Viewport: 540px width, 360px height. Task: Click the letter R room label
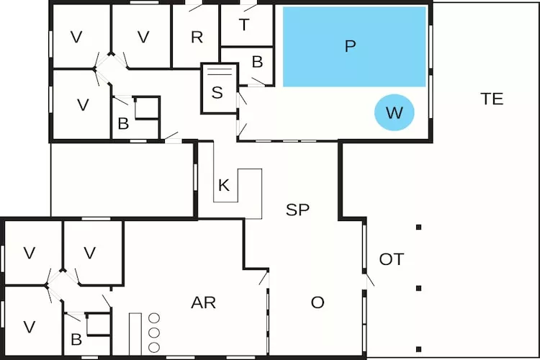[x=197, y=37]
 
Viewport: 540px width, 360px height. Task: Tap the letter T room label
[x=244, y=25]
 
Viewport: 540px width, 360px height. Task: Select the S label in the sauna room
[x=217, y=92]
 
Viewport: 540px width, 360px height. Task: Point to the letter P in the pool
[x=351, y=47]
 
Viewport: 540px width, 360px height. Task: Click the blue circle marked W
[x=394, y=113]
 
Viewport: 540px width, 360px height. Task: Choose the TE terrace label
[x=492, y=99]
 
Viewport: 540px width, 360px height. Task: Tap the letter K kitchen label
[x=224, y=186]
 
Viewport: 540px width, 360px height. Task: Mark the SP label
[x=297, y=210]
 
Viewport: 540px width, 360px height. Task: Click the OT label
[x=392, y=259]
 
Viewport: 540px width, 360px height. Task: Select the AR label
[x=204, y=302]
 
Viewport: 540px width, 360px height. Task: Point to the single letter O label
[x=318, y=302]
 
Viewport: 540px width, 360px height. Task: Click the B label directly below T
[x=257, y=63]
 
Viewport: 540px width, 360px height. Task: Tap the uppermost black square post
[x=418, y=228]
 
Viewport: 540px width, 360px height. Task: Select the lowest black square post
[x=418, y=342]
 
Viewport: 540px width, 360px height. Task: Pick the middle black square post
[x=418, y=288]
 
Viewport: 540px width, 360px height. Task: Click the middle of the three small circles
[x=153, y=331]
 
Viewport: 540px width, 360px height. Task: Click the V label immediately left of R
[x=143, y=37]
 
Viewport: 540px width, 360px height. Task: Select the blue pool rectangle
[x=354, y=47]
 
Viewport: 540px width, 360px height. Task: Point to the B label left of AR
[x=76, y=340]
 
